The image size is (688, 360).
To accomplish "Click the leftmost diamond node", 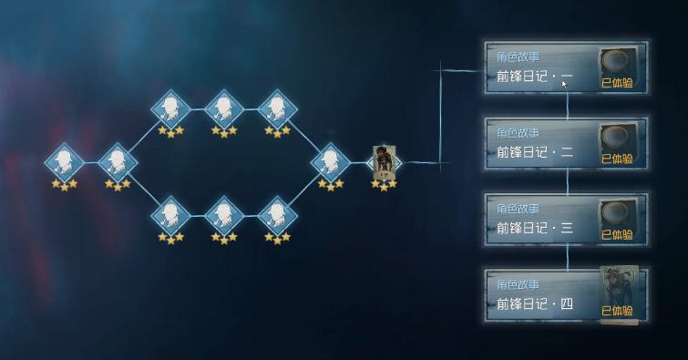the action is point(64,162).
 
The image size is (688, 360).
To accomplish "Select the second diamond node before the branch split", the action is point(117,162).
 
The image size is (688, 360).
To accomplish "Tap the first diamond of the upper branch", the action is point(169,109).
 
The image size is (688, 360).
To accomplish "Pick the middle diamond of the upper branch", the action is point(223,109).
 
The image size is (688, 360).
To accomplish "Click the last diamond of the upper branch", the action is point(276,109).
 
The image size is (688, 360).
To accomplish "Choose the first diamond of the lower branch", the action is point(169,215).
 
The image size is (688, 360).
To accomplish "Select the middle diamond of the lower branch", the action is point(223,215).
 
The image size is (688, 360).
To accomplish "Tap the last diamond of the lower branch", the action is point(276,215).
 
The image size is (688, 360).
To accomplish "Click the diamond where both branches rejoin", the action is point(330,162).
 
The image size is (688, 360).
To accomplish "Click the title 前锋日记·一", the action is point(535,77).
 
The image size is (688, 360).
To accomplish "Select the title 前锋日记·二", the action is point(535,152).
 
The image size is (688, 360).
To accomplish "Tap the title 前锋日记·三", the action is point(535,228).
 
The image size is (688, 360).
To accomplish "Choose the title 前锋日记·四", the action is point(535,303).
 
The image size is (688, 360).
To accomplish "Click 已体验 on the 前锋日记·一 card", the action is point(617,83).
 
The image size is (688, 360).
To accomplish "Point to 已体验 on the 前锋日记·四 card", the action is point(617,311).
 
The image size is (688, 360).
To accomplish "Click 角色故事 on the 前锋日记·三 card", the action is point(518,209).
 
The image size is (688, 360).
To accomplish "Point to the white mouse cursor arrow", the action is point(565,84).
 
